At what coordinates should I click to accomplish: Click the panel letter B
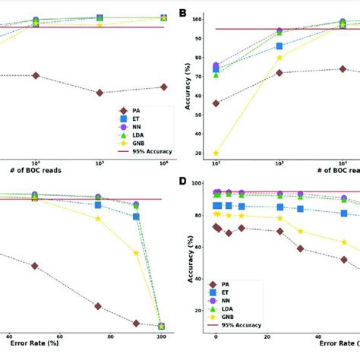coord(182,13)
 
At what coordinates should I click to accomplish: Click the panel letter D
coord(182,182)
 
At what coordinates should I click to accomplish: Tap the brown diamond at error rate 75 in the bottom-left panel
coord(98,306)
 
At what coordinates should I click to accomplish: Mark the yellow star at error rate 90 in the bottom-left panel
coord(137,252)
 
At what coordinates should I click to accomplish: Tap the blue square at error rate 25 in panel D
coord(280,207)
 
